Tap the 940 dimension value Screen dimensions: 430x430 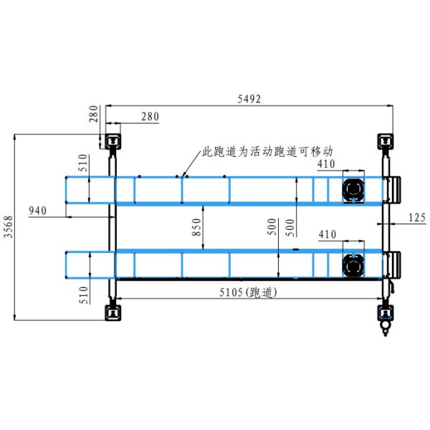point(37,210)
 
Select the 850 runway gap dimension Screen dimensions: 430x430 point(196,229)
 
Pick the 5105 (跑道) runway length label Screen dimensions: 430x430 point(247,292)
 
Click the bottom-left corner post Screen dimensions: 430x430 point(113,312)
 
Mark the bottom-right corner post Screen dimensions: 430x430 point(385,312)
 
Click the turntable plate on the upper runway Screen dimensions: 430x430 point(353,189)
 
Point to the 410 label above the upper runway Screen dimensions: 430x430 point(327,164)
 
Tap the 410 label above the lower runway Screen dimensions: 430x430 point(327,234)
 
